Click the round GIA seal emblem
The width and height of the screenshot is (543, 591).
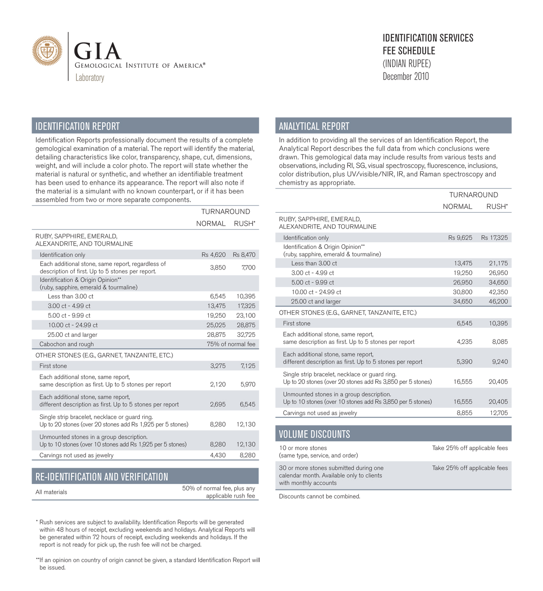pyautogui.click(x=47, y=51)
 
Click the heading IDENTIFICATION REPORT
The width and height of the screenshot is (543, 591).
pyautogui.click(x=78, y=126)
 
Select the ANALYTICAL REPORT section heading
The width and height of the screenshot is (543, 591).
pyautogui.click(x=314, y=126)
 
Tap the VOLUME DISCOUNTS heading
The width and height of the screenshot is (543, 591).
pyautogui.click(x=314, y=434)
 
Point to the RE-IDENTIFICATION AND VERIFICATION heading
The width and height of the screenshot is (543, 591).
pyautogui.click(x=102, y=477)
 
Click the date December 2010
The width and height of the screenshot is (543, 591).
pyautogui.click(x=405, y=77)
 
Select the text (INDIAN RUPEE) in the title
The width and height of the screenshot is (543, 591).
pyautogui.click(x=407, y=64)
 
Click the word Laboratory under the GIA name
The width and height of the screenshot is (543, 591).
pyautogui.click(x=90, y=78)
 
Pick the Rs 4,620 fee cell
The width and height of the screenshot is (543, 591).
pyautogui.click(x=213, y=255)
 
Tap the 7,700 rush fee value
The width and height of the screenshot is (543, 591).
pyautogui.click(x=248, y=267)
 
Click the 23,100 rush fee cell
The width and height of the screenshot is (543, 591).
pyautogui.click(x=246, y=316)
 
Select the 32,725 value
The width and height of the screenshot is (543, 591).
pyautogui.click(x=246, y=335)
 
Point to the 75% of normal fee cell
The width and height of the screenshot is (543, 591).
pyautogui.click(x=231, y=344)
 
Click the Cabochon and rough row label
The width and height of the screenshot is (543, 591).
pyautogui.click(x=66, y=344)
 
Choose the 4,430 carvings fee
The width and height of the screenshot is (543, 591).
pyautogui.click(x=218, y=455)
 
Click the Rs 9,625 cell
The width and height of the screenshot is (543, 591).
pyautogui.click(x=460, y=238)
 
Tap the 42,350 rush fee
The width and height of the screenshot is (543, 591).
pyautogui.click(x=498, y=292)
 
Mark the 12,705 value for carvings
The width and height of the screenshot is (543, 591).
pyautogui.click(x=498, y=413)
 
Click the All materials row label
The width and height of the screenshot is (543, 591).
pyautogui.click(x=51, y=492)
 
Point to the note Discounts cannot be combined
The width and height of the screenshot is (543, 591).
pyautogui.click(x=319, y=496)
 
